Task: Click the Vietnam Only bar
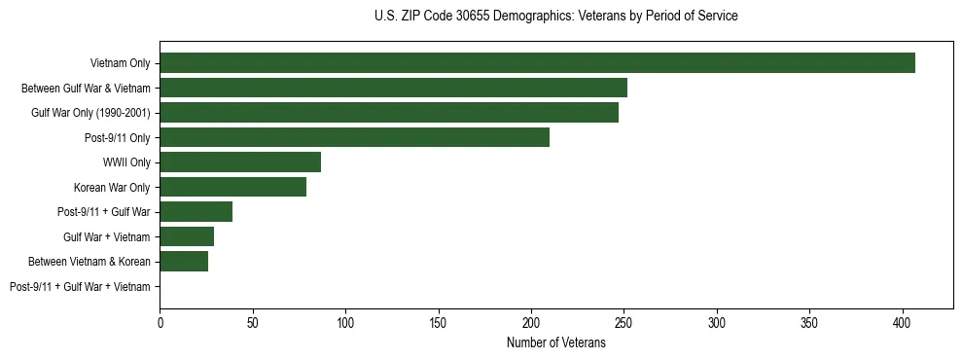pos(537,63)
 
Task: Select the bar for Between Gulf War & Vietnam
pos(393,88)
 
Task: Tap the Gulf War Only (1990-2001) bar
pos(389,113)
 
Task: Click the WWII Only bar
pos(240,162)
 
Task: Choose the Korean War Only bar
pos(232,187)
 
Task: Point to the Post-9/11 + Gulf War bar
pos(196,212)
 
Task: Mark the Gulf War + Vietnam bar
pos(187,236)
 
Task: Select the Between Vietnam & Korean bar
pos(184,261)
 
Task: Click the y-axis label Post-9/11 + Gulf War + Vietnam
pos(80,286)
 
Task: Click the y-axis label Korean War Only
pos(112,187)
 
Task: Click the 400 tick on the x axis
pos(903,320)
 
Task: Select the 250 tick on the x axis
pos(624,320)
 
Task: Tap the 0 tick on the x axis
pos(160,320)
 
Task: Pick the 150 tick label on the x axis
pos(439,320)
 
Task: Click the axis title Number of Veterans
pos(555,342)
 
